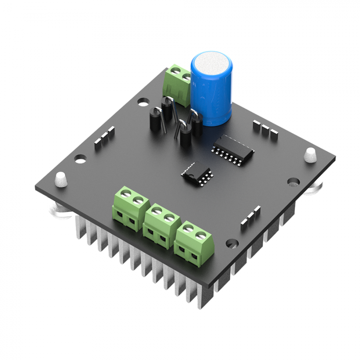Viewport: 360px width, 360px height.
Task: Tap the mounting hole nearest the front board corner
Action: (x=232, y=243)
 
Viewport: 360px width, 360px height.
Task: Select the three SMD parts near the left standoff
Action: (x=104, y=138)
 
